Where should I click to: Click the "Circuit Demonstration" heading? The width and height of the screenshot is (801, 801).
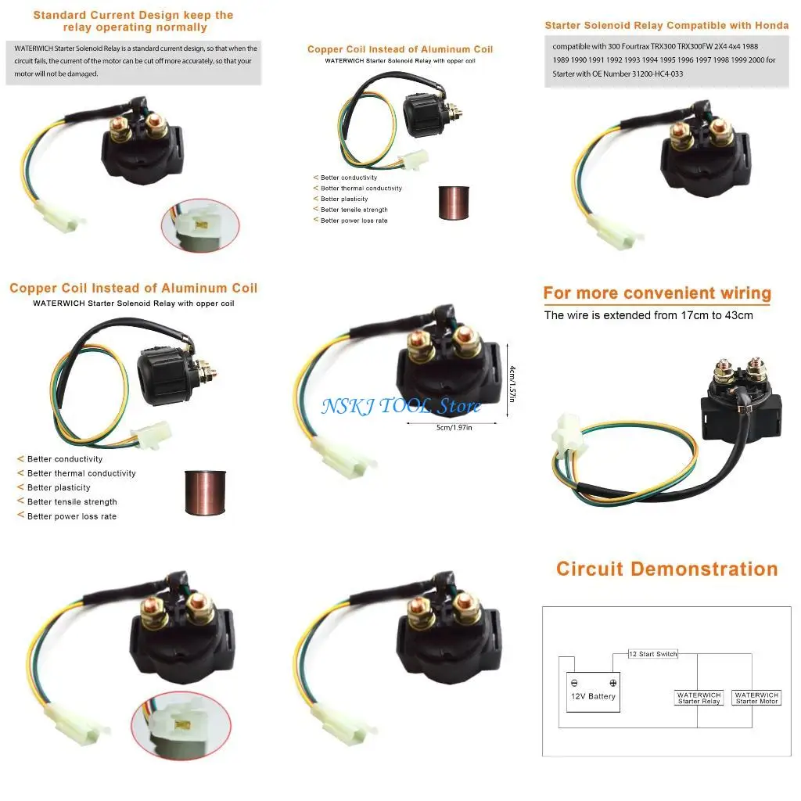click(x=666, y=569)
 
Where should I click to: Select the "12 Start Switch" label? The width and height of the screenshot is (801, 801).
click(x=653, y=654)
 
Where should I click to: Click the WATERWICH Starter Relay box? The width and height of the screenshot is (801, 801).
click(x=699, y=698)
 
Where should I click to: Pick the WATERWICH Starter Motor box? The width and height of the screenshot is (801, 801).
click(x=756, y=698)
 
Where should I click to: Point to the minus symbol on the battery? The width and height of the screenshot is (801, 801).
click(x=575, y=682)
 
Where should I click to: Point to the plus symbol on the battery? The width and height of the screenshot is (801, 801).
click(x=612, y=682)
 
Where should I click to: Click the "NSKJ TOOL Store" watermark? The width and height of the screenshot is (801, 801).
click(x=400, y=406)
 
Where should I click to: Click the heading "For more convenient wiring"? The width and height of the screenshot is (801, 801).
click(x=657, y=293)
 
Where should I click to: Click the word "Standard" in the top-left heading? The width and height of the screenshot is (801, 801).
click(x=62, y=15)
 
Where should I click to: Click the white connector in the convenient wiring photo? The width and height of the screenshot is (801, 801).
click(x=569, y=435)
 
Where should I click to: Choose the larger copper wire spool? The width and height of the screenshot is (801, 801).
click(x=205, y=492)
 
